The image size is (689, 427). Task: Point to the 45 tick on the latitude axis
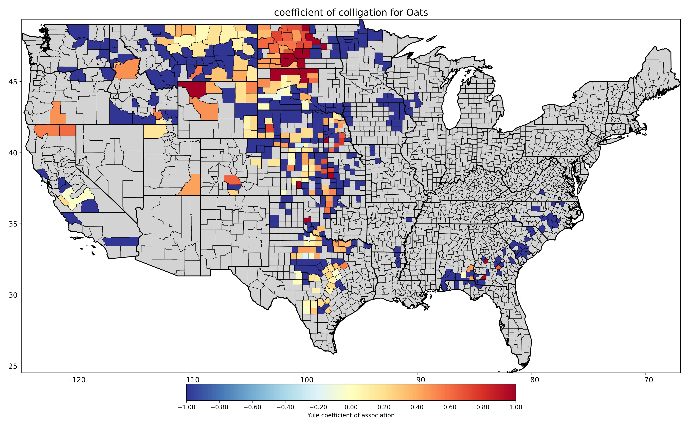pos(14,82)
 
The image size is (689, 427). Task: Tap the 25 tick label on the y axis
pos(14,366)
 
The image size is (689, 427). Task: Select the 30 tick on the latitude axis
pos(14,295)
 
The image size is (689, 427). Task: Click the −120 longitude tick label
pos(76,380)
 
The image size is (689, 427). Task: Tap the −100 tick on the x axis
pos(304,380)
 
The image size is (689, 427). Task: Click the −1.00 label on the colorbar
pos(186,407)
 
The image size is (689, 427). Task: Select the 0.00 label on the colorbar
pos(351,407)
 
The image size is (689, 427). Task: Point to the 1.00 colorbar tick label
pos(516,407)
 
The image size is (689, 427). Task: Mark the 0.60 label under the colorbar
pos(450,407)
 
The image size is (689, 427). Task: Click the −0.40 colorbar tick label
pos(285,407)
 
